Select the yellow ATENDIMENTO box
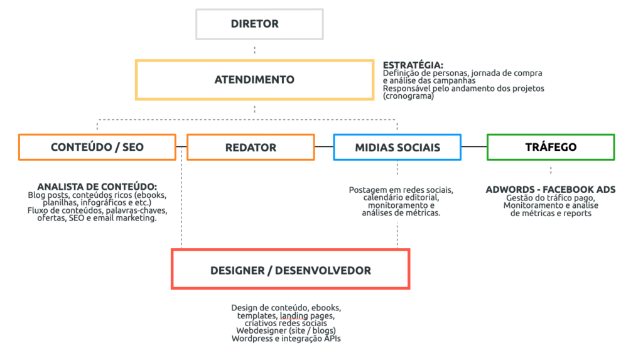click(254, 80)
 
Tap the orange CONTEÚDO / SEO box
click(97, 147)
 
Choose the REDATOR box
click(251, 147)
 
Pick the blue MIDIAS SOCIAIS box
click(397, 147)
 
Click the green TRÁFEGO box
click(550, 147)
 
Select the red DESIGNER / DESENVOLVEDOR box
click(290, 270)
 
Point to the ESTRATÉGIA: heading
click(413, 65)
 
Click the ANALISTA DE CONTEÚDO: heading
click(97, 187)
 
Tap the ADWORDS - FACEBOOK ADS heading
click(550, 189)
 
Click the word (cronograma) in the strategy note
click(408, 96)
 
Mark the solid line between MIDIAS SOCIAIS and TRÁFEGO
click(474, 146)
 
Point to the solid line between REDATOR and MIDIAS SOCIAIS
click(324, 146)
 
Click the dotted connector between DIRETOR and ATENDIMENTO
click(254, 50)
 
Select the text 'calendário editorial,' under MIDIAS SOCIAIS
click(401, 198)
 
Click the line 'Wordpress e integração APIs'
click(286, 339)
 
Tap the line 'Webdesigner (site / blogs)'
click(286, 330)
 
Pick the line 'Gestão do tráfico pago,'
click(550, 198)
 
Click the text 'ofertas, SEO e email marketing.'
click(97, 218)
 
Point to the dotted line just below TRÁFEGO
click(551, 170)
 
